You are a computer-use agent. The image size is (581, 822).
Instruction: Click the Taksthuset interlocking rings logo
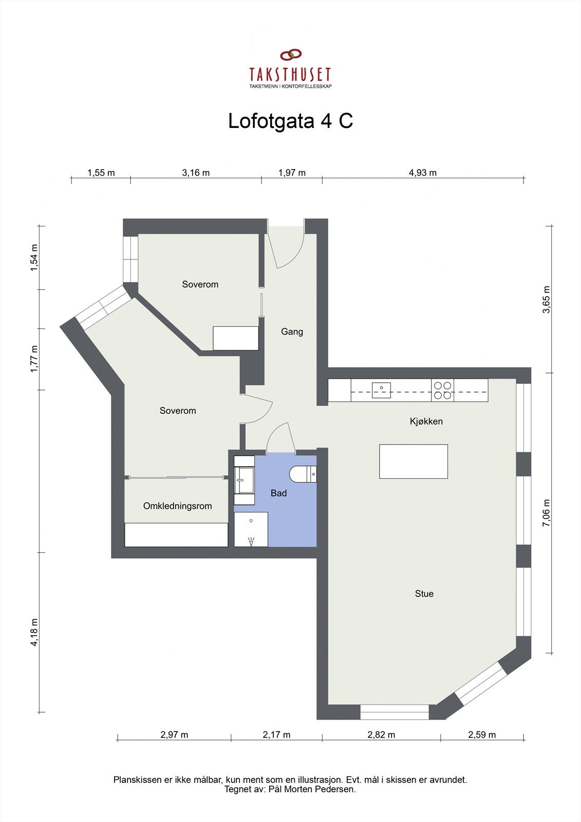[291, 55]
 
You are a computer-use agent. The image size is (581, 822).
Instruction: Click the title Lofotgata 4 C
[290, 121]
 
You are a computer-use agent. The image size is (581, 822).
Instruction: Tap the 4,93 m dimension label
[423, 173]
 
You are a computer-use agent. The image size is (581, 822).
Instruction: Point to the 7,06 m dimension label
[547, 513]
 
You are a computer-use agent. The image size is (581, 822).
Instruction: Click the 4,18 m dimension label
[34, 632]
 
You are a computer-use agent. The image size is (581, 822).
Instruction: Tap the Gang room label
[292, 332]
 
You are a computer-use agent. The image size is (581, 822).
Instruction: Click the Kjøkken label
[426, 421]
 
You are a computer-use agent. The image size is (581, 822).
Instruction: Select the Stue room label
[424, 593]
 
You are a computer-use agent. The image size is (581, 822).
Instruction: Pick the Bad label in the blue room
[278, 493]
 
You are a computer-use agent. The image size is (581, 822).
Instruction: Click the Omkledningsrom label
[178, 506]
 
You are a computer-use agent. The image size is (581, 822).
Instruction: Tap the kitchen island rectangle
[413, 461]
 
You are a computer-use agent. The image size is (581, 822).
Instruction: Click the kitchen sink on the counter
[381, 390]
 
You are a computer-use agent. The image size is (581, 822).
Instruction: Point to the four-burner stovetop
[443, 390]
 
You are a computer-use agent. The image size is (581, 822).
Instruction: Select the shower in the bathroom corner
[251, 529]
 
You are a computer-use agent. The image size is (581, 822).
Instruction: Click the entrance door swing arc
[294, 257]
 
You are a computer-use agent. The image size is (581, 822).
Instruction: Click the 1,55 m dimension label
[101, 173]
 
